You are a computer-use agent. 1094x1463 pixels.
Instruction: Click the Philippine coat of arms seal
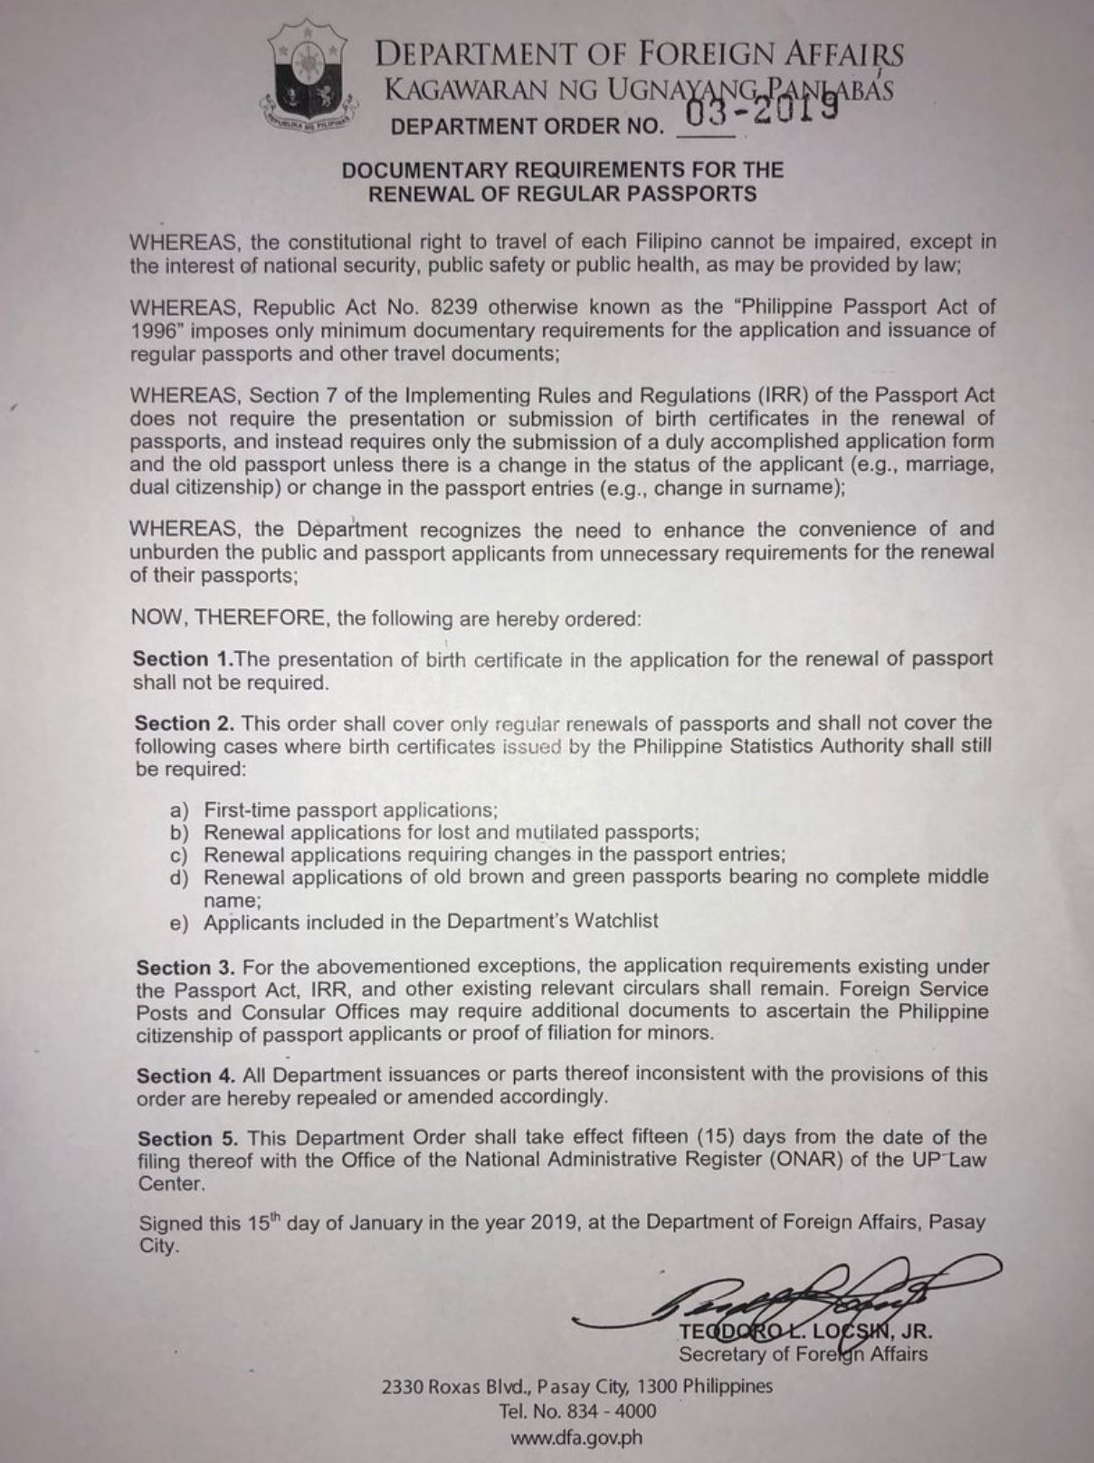(308, 82)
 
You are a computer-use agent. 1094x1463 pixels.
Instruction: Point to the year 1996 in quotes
(155, 330)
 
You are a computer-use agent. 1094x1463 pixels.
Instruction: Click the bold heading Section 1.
(183, 659)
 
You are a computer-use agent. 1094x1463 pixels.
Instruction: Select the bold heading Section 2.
(185, 723)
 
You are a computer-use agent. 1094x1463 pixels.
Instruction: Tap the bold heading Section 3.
(186, 967)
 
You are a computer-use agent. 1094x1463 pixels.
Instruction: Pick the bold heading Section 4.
(186, 1075)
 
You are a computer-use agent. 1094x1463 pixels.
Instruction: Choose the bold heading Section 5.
(187, 1138)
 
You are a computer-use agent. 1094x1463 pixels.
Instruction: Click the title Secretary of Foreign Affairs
(803, 1354)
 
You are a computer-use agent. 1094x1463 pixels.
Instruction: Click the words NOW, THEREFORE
(228, 618)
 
